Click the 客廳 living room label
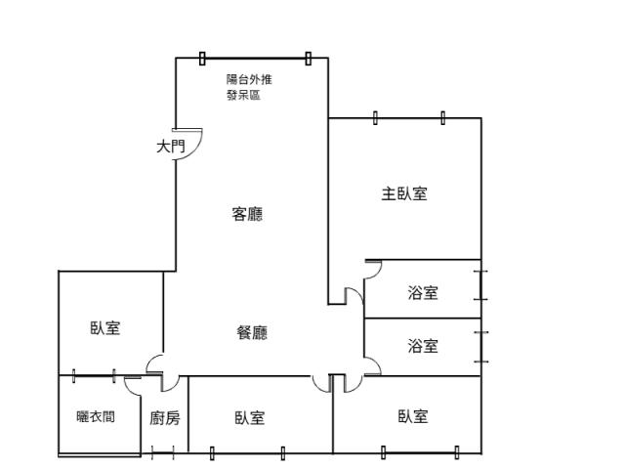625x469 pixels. pyautogui.click(x=247, y=214)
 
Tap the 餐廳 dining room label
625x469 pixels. pyautogui.click(x=252, y=333)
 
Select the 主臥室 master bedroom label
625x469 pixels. pyautogui.click(x=403, y=193)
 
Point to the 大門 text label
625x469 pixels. pyautogui.click(x=170, y=147)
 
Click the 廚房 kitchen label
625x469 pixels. pyautogui.click(x=165, y=418)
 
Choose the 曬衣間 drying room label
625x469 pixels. pyautogui.click(x=96, y=416)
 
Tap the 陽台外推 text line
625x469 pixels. pyautogui.click(x=249, y=79)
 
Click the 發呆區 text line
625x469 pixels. pyautogui.click(x=243, y=95)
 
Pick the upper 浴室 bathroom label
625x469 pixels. pyautogui.click(x=423, y=292)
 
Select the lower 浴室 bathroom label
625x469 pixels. pyautogui.click(x=423, y=346)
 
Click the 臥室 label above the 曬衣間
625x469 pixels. pyautogui.click(x=105, y=328)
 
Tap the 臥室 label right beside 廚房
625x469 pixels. pyautogui.click(x=250, y=418)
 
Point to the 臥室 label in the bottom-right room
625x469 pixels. pyautogui.click(x=413, y=417)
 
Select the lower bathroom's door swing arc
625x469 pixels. pyautogui.click(x=372, y=366)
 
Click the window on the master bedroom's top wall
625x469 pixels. pyautogui.click(x=409, y=118)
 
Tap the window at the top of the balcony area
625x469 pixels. pyautogui.click(x=255, y=59)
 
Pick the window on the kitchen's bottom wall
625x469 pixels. pyautogui.click(x=163, y=452)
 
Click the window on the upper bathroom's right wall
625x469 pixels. pyautogui.click(x=481, y=283)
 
